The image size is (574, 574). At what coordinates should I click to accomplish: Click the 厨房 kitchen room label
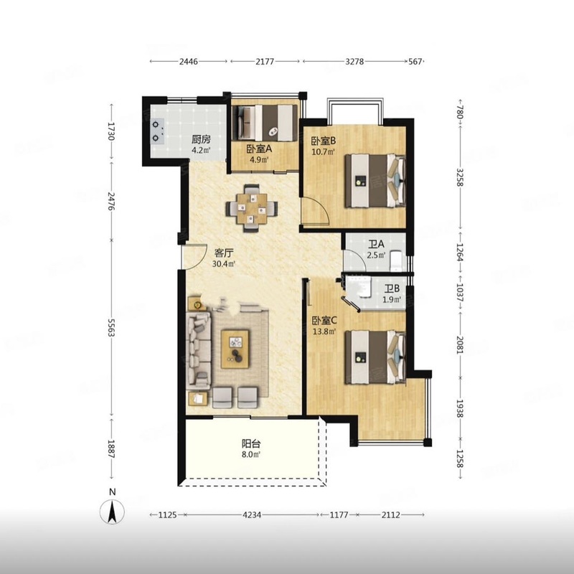coord(201,139)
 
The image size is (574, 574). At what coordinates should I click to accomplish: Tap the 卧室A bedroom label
coord(259,149)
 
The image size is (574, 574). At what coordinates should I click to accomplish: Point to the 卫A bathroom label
coord(376,244)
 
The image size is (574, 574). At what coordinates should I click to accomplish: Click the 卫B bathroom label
coord(392,289)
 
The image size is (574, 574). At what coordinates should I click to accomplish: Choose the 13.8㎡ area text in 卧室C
coord(324,331)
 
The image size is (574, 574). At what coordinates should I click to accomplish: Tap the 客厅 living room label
coord(224,253)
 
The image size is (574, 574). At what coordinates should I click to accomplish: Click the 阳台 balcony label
coord(251,444)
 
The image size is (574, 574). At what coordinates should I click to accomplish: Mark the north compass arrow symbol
coord(113,512)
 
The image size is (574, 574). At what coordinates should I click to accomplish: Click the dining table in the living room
coord(252,208)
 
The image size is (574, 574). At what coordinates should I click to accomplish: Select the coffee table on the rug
coord(235,349)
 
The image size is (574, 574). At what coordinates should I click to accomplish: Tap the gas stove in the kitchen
coord(157,131)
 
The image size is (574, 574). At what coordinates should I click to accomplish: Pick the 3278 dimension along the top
coord(354,62)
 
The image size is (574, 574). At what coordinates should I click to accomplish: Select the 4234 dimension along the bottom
coord(252,515)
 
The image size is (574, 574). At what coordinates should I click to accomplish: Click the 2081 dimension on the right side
coord(460,345)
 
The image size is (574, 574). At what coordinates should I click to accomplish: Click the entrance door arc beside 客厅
coord(194,256)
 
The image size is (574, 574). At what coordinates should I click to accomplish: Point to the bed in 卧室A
coord(266,123)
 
